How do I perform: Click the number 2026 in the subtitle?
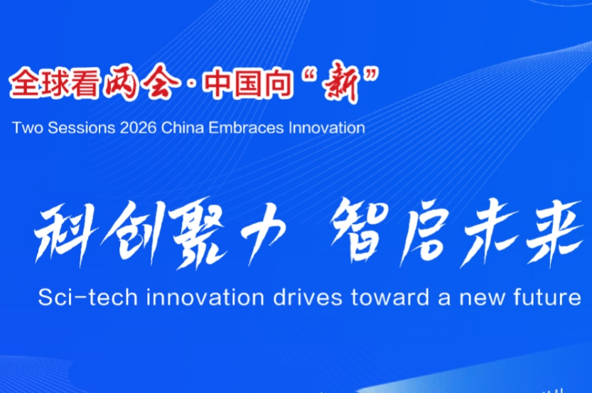tap(138, 128)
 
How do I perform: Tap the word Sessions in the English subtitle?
tap(81, 128)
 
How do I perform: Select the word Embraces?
tap(246, 128)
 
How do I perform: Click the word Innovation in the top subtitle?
tap(327, 128)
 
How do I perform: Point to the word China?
tap(182, 128)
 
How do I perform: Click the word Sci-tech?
tap(87, 297)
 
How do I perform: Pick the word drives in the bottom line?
tap(308, 297)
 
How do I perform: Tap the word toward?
tap(390, 297)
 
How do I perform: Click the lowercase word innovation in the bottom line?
tap(205, 297)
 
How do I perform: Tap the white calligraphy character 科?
tap(65, 233)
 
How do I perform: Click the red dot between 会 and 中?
tap(192, 84)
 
